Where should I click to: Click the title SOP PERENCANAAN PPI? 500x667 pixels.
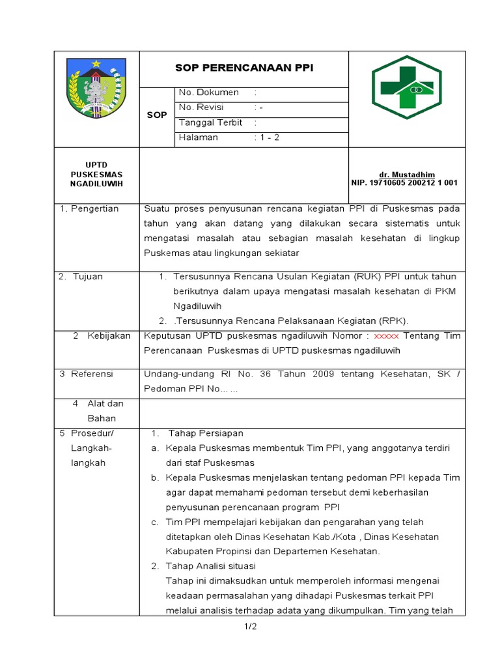pyautogui.click(x=244, y=68)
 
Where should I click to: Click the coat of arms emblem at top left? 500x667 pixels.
pyautogui.click(x=96, y=88)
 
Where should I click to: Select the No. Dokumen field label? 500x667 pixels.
pyautogui.click(x=208, y=92)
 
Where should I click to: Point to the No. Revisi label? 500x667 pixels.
pyautogui.click(x=204, y=107)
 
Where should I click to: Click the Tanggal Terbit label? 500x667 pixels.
pyautogui.click(x=210, y=122)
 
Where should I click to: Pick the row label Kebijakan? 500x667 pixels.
pyautogui.click(x=109, y=335)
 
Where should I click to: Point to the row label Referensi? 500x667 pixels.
pyautogui.click(x=92, y=374)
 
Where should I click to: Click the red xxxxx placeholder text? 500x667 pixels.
pyautogui.click(x=387, y=335)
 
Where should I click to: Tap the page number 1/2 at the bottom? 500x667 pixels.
pyautogui.click(x=251, y=627)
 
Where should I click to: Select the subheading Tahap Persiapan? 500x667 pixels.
pyautogui.click(x=206, y=433)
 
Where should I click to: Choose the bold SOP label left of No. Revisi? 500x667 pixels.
pyautogui.click(x=157, y=115)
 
